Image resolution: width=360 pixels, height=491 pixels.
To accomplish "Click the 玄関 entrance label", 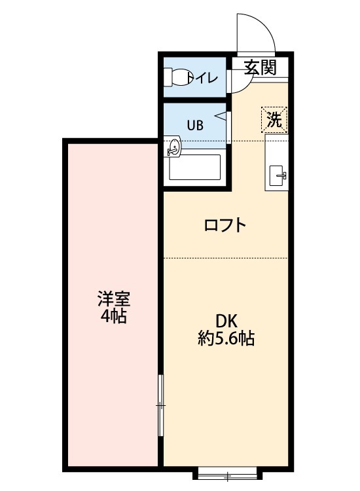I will (x=260, y=67).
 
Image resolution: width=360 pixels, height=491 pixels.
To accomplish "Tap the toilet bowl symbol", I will (x=177, y=78).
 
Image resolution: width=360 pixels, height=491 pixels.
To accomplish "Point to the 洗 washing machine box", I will (x=275, y=120).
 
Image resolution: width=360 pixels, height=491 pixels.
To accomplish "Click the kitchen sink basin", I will (x=278, y=175).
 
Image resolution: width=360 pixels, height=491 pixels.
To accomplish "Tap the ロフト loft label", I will (x=225, y=226).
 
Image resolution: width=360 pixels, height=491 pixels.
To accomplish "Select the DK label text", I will (x=226, y=321).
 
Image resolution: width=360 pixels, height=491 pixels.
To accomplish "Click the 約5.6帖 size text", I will (x=226, y=338).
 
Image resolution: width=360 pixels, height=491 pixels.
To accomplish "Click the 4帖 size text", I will (x=114, y=318).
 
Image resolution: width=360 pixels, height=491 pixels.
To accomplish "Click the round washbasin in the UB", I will (x=173, y=147).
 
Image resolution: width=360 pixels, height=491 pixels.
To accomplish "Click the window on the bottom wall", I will (x=226, y=474).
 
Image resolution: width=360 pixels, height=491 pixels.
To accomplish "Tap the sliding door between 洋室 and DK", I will (x=161, y=406).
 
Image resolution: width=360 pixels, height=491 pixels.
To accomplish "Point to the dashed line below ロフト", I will (x=226, y=258).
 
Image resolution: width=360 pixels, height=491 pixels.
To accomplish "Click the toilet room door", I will (x=231, y=79).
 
